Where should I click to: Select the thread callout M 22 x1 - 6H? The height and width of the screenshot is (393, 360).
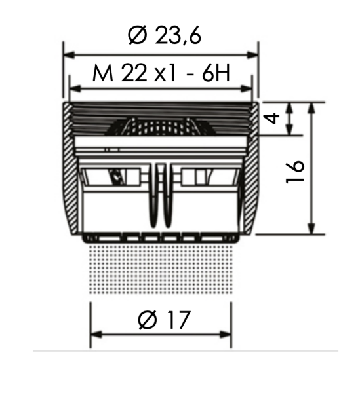coord(161,73)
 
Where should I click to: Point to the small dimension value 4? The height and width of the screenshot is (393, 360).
coord(273,119)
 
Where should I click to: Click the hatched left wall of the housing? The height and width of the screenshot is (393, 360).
coord(71,170)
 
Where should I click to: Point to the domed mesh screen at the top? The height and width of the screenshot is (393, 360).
coord(161,126)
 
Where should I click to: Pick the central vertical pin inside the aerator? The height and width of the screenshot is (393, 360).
coord(161,190)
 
